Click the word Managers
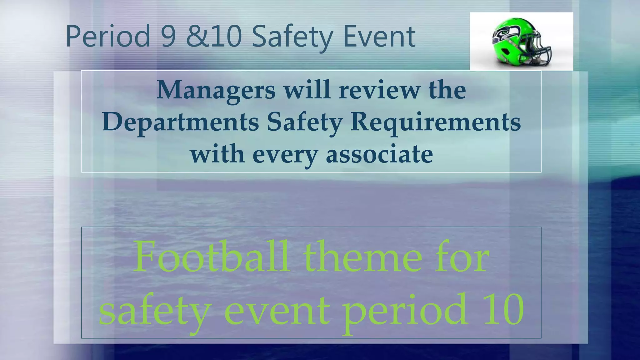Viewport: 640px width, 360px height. (x=216, y=90)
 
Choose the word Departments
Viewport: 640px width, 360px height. (x=181, y=122)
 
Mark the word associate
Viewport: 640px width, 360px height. (x=379, y=154)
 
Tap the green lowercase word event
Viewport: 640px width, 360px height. (x=277, y=311)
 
